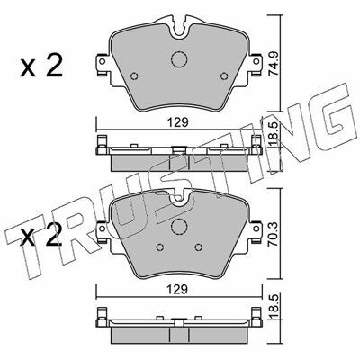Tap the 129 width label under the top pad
178,122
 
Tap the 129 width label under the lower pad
178,290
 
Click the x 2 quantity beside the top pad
41,67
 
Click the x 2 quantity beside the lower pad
41,236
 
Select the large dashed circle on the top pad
179,58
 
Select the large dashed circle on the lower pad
179,227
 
